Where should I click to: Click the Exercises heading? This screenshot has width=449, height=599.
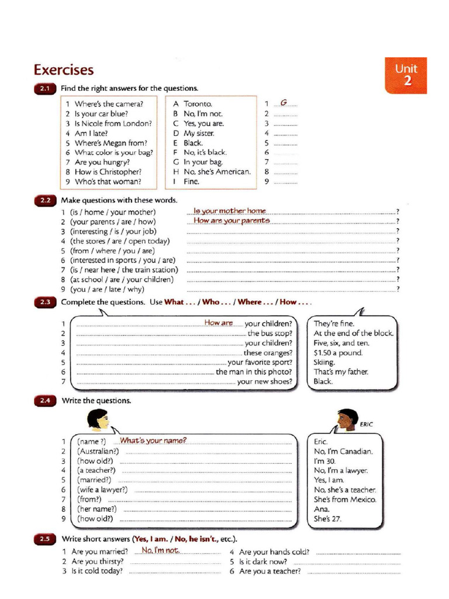click(63, 70)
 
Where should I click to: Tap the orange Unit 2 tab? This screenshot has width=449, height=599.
click(406, 75)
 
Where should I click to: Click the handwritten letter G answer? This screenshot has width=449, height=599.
click(284, 103)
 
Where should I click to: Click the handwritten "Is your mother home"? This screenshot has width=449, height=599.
click(230, 211)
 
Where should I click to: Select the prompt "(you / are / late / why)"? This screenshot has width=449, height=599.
click(107, 290)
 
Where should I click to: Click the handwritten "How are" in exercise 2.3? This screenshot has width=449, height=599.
click(219, 323)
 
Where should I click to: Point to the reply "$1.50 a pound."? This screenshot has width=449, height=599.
click(338, 353)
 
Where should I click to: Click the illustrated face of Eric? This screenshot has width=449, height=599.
click(347, 420)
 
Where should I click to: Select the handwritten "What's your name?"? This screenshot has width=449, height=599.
click(153, 440)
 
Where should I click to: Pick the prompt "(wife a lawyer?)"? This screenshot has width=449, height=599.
click(102, 490)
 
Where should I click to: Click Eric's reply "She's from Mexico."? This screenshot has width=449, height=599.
click(345, 500)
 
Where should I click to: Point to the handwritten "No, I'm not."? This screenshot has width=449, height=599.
click(159, 550)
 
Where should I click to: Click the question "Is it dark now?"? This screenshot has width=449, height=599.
click(263, 562)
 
